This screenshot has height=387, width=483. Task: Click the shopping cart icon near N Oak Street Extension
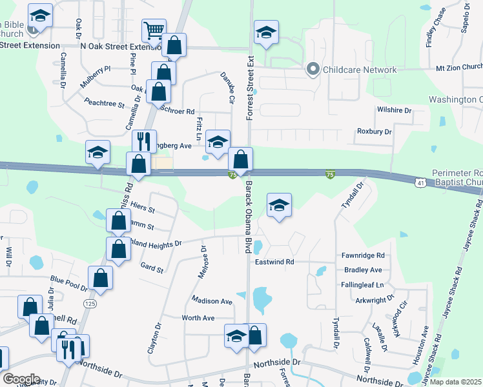pos(154,30)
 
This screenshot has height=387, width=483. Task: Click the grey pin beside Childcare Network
pos(313,69)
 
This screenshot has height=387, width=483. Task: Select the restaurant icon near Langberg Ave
pos(144,141)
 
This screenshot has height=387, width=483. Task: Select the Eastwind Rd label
pos(274,262)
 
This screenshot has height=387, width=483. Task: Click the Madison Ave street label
pos(211,301)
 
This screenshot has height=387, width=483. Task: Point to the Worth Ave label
pos(198,318)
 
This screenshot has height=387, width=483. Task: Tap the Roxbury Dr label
pos(374,132)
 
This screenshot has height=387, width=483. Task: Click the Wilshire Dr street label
pos(394,111)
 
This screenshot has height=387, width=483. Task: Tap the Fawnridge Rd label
pos(364,255)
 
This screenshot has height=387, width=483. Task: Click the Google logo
pos(21,379)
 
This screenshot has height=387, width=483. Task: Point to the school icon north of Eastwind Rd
pos(279,205)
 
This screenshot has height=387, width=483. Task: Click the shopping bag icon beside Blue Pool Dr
pos(100,278)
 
